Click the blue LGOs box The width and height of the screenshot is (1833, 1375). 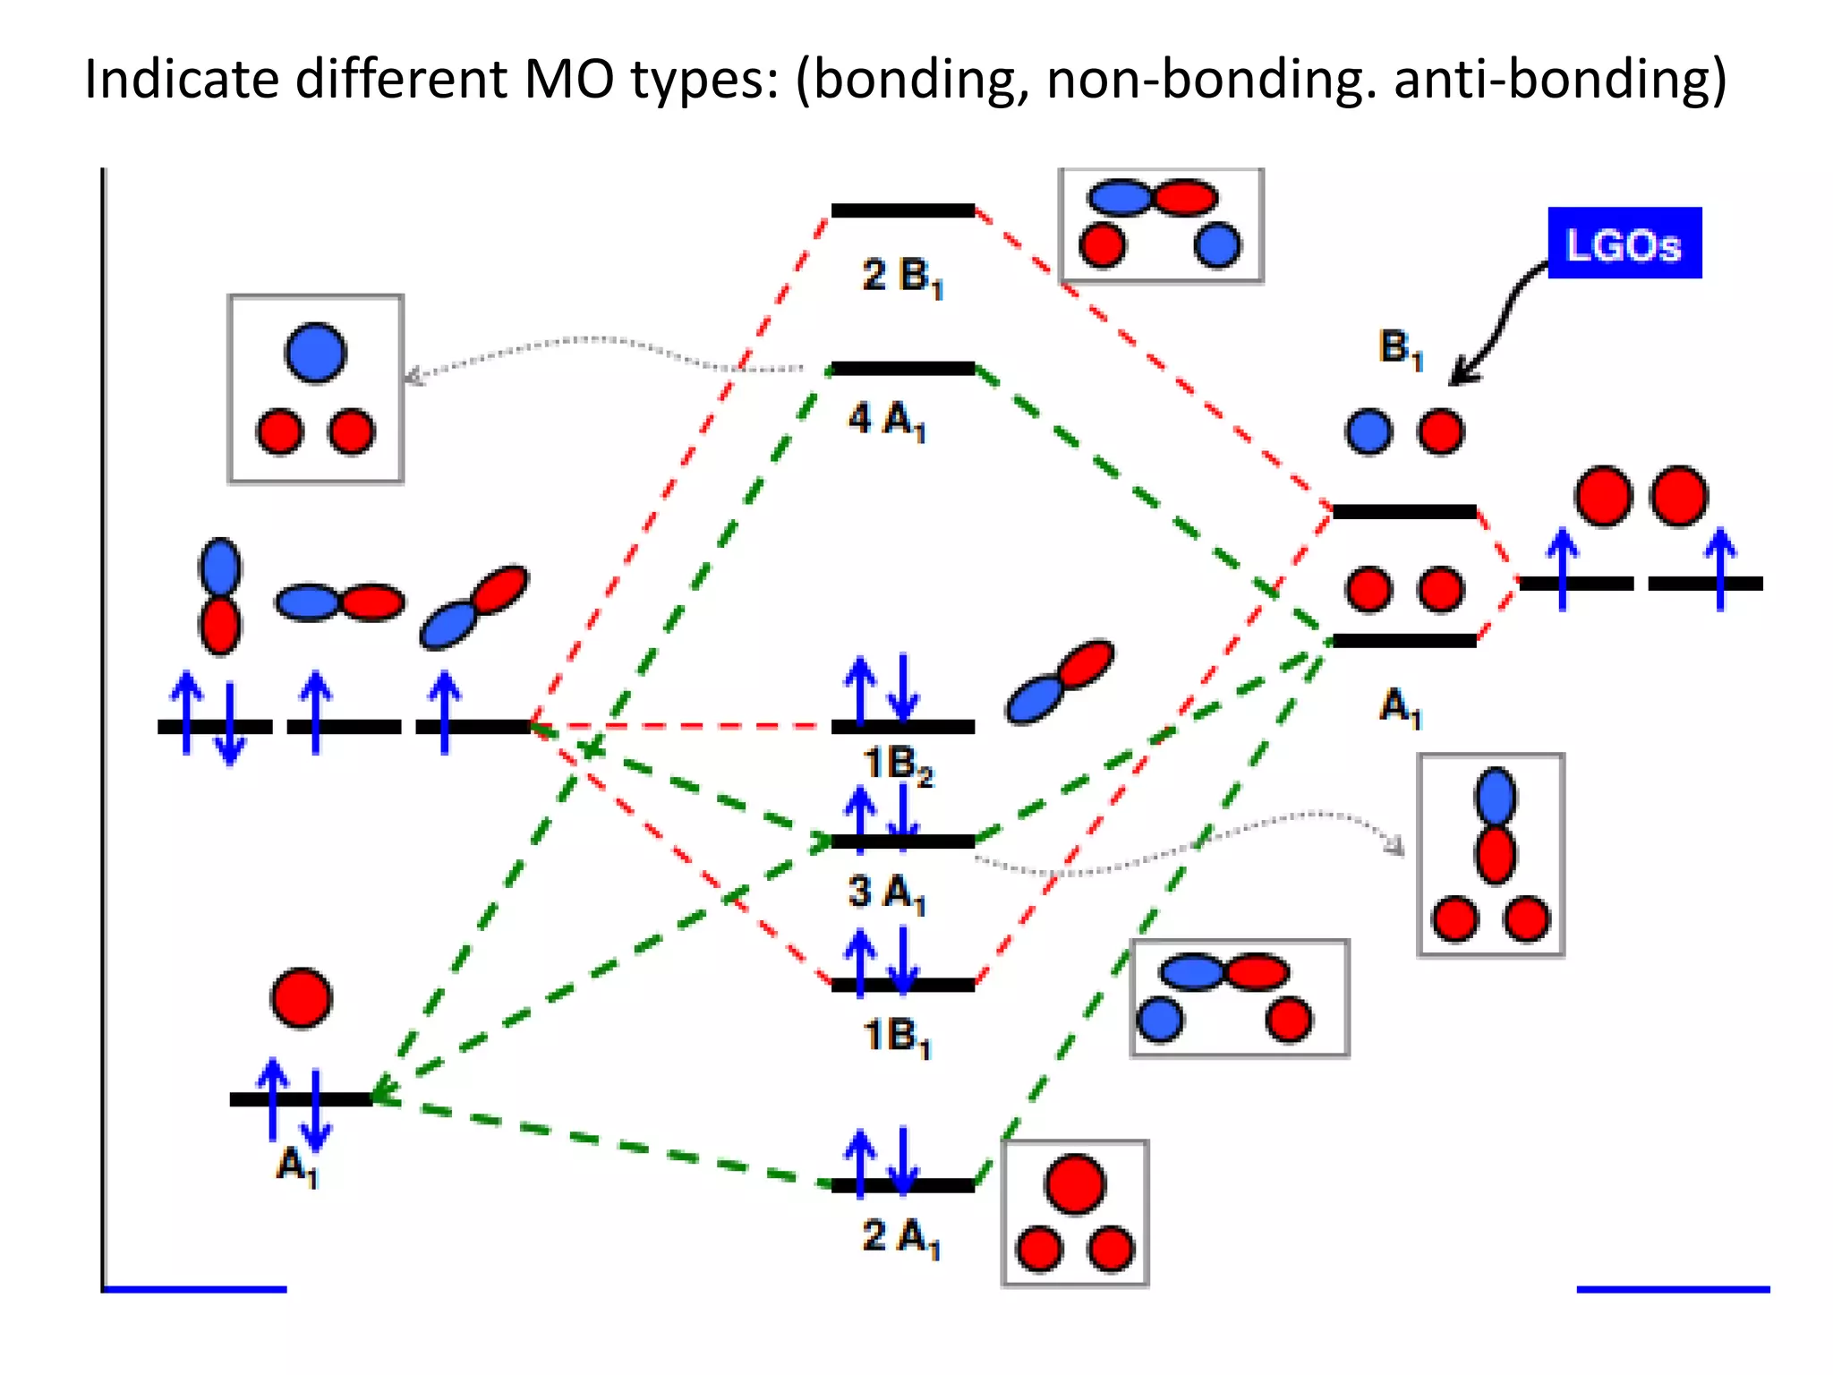coord(1624,243)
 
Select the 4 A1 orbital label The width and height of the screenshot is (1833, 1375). coord(886,419)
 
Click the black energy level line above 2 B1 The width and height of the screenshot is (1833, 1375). coord(902,211)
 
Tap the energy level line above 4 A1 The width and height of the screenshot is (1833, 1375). coord(902,369)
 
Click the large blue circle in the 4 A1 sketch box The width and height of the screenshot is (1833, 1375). coord(315,353)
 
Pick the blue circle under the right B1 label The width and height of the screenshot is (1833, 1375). coord(1368,431)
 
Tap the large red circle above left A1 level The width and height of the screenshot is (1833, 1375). coord(302,997)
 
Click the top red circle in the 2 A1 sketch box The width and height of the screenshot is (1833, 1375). coord(1075,1183)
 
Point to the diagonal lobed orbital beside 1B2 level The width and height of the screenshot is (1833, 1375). coord(1060,681)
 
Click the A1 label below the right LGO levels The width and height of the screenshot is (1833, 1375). coord(1400,707)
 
